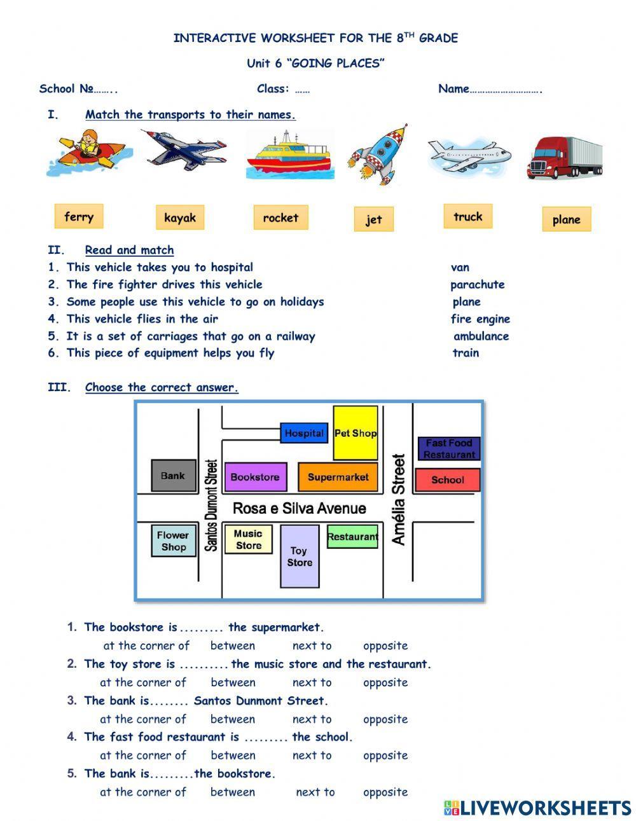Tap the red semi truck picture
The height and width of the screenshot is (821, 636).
(564, 157)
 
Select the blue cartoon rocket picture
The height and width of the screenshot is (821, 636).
(377, 155)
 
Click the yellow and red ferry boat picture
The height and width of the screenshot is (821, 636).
(289, 155)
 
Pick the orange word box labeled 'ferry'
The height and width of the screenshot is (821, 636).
(79, 216)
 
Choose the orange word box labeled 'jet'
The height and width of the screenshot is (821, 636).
(373, 219)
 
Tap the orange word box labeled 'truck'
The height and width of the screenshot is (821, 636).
(467, 216)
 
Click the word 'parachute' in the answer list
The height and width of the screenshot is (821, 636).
(477, 284)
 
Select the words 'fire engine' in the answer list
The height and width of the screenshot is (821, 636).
(480, 319)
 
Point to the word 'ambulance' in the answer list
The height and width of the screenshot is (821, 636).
(481, 336)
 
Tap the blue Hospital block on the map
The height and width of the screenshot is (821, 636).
(304, 433)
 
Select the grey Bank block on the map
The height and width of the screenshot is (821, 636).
(173, 476)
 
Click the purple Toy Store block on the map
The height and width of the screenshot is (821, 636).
(299, 556)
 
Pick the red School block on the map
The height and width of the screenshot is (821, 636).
(447, 480)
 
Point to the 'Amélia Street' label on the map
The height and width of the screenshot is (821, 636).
(399, 499)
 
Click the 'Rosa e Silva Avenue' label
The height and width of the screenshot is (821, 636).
(299, 508)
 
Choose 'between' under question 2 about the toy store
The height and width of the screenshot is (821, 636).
(233, 682)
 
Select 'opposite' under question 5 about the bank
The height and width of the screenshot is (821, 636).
(385, 792)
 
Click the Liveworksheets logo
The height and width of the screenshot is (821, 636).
(537, 808)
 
